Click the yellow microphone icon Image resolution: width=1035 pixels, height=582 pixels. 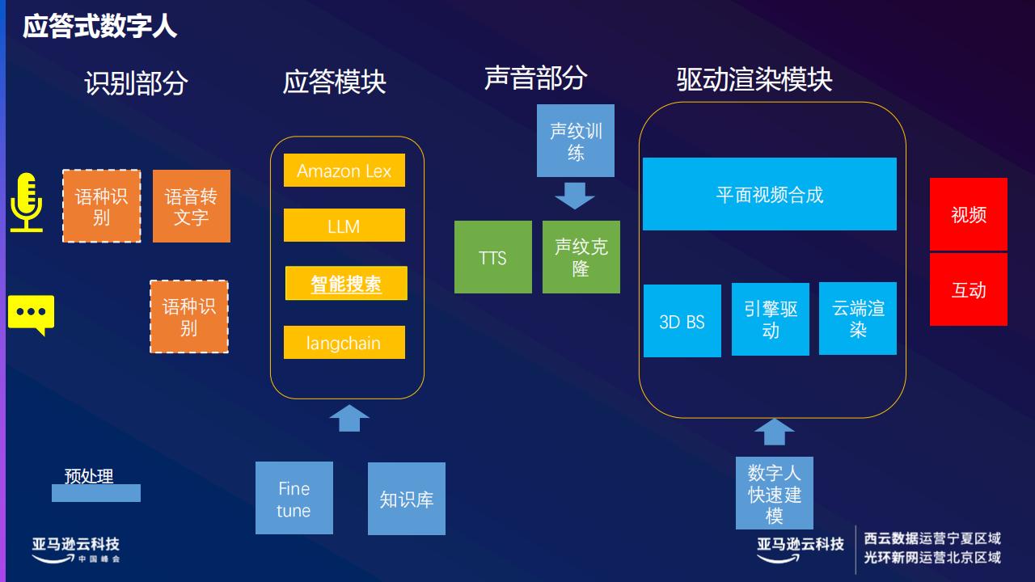(27, 202)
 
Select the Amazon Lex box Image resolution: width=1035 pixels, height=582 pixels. (344, 170)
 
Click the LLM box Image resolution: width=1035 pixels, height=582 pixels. (344, 225)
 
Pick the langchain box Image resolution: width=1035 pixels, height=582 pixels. (344, 342)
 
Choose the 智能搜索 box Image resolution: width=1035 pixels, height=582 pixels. (346, 283)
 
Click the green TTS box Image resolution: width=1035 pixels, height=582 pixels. (493, 257)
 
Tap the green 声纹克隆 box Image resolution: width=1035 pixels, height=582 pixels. (581, 257)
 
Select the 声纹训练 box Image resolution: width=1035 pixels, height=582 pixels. (576, 141)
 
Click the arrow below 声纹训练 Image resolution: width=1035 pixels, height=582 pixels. (575, 196)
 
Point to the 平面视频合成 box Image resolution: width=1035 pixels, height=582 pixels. (770, 194)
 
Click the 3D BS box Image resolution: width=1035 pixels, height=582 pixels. (682, 321)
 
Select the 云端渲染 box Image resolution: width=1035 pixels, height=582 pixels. (858, 318)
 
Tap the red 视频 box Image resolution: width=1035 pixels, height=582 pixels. (969, 214)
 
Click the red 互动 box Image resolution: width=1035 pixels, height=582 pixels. (969, 289)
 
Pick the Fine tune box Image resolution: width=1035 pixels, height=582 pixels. (294, 498)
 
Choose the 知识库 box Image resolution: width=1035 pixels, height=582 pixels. (407, 499)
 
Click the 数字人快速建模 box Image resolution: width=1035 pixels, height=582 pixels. (775, 493)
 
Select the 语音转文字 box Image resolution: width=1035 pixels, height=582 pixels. (192, 206)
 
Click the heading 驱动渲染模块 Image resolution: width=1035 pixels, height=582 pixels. (754, 80)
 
